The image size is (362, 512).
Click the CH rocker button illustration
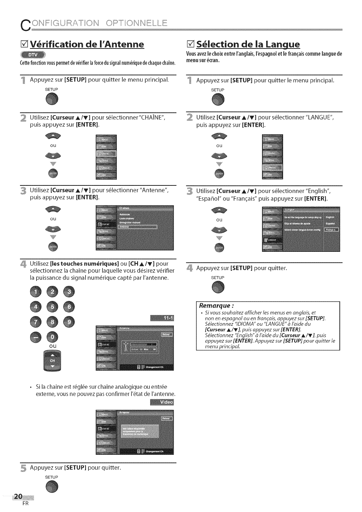(x=52, y=360)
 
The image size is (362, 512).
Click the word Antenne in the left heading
(x=122, y=45)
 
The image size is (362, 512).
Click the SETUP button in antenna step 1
(x=52, y=100)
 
